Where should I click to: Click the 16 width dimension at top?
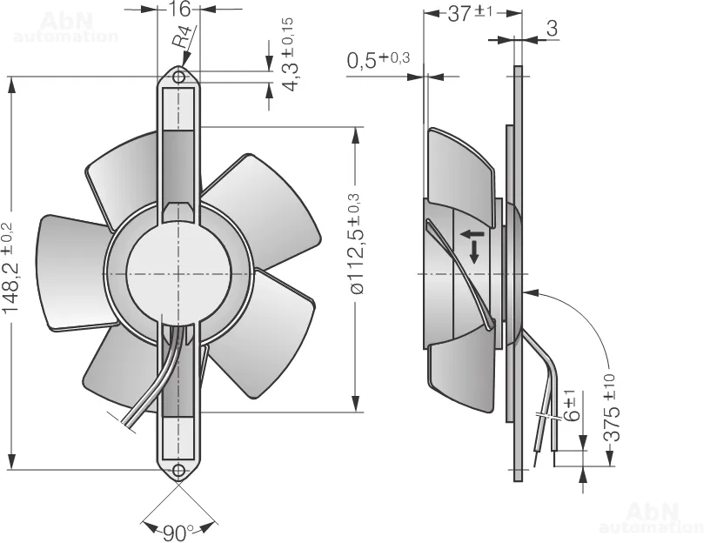(178, 9)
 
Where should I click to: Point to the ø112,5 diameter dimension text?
(356, 244)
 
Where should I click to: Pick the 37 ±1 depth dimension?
(470, 14)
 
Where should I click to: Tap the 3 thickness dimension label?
(552, 29)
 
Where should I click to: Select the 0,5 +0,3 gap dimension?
(378, 60)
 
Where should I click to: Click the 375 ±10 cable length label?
(612, 407)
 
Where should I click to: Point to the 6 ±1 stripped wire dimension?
(572, 406)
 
